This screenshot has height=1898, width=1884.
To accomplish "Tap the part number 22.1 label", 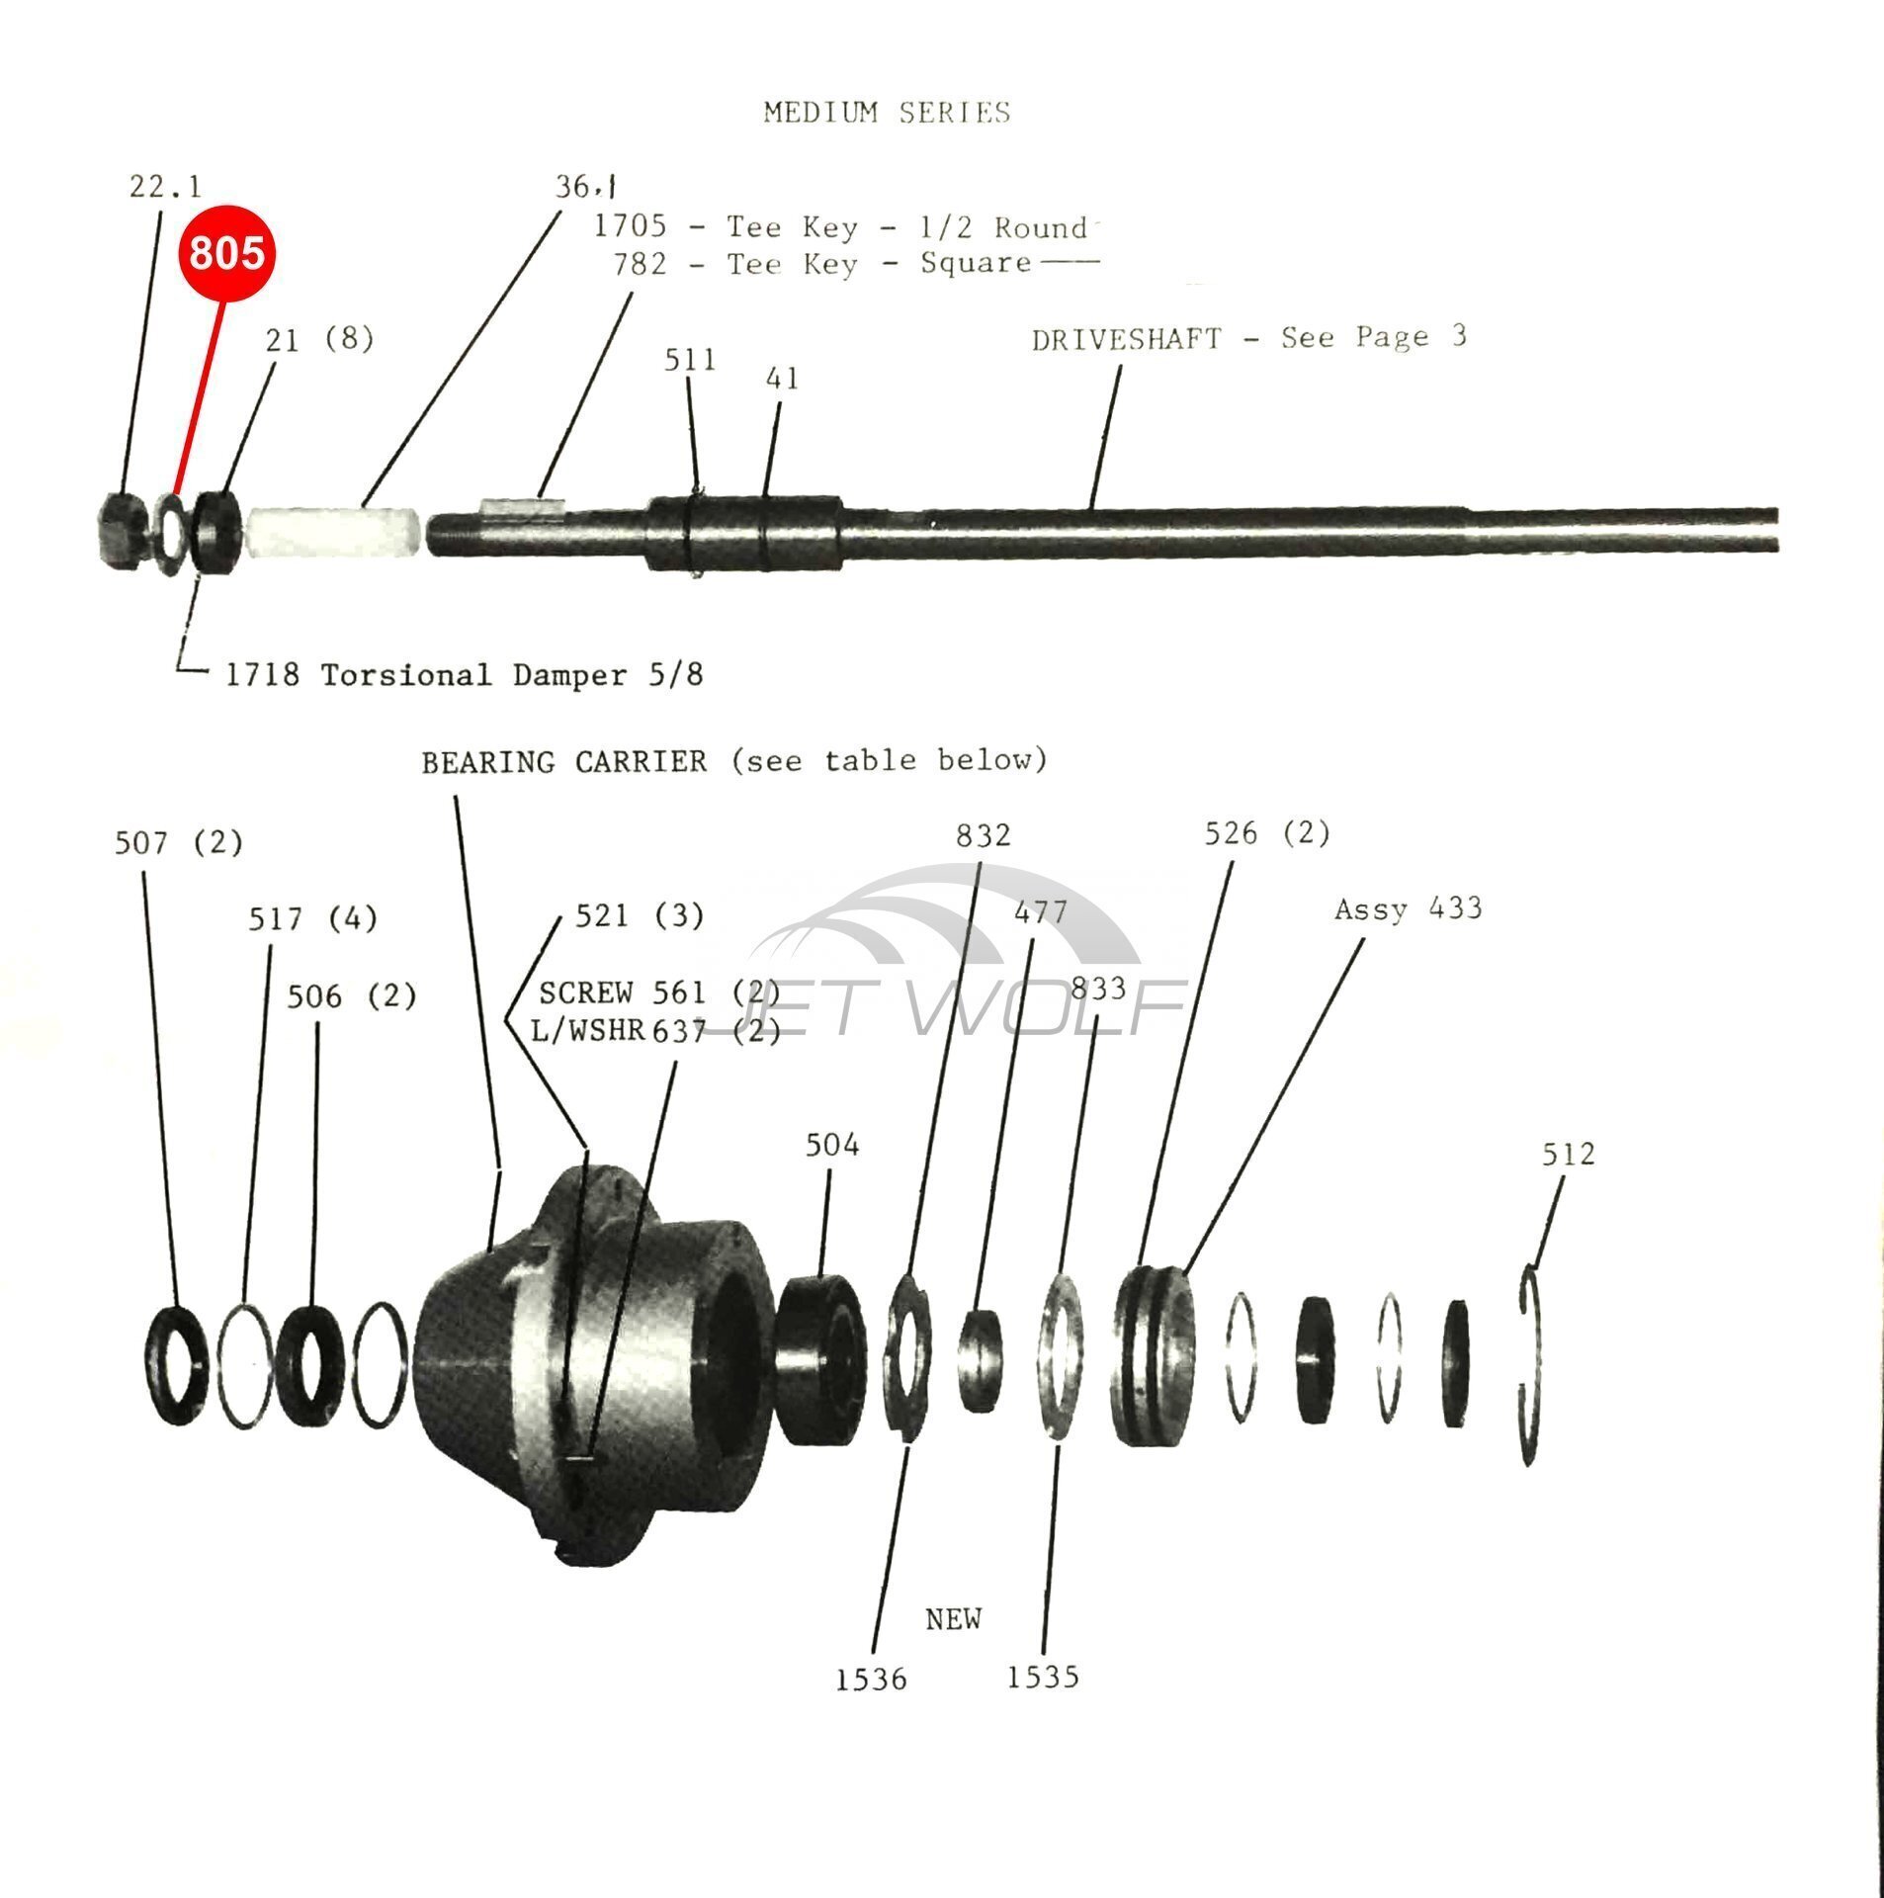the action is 165,186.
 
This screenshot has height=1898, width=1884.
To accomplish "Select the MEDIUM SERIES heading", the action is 887,113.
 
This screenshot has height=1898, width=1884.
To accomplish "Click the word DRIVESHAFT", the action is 1126,340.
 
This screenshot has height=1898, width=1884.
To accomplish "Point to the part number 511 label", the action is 690,360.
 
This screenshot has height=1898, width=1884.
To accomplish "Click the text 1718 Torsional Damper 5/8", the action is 465,675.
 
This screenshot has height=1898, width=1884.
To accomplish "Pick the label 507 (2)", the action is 179,842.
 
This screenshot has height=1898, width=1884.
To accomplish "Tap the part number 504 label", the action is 832,1145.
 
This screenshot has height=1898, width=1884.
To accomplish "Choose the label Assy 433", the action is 1408,908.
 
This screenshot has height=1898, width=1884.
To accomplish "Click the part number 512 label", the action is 1569,1154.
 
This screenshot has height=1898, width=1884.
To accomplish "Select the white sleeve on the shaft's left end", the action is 336,533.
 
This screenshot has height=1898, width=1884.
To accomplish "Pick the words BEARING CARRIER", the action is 564,761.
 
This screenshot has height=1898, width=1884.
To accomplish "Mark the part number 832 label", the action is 983,835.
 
